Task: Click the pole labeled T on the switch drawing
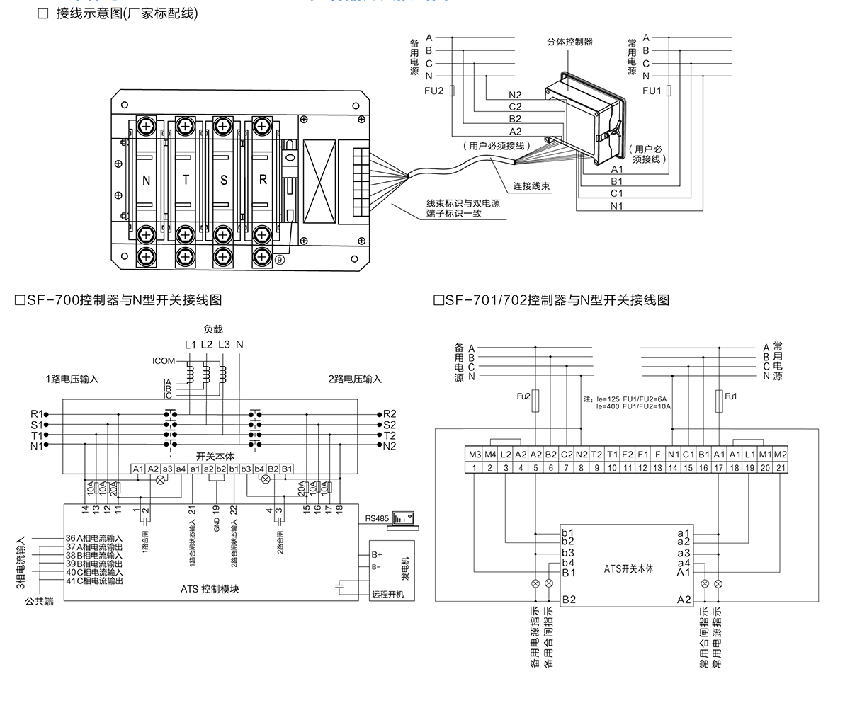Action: pos(186,181)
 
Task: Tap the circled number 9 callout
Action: pos(280,261)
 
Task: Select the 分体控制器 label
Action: pos(569,42)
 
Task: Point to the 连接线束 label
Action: pos(532,187)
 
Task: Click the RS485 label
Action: pos(377,519)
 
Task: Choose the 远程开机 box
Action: pos(387,594)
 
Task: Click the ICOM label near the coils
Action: pos(163,361)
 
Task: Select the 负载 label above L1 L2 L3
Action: pos(213,329)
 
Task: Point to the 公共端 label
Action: pos(39,601)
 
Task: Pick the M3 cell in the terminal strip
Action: pos(475,455)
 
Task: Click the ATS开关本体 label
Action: pos(628,568)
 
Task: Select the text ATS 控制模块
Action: pos(210,588)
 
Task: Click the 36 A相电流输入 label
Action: pos(94,539)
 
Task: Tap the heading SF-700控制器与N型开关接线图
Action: pos(118,300)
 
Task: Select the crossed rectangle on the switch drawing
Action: pos(319,181)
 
